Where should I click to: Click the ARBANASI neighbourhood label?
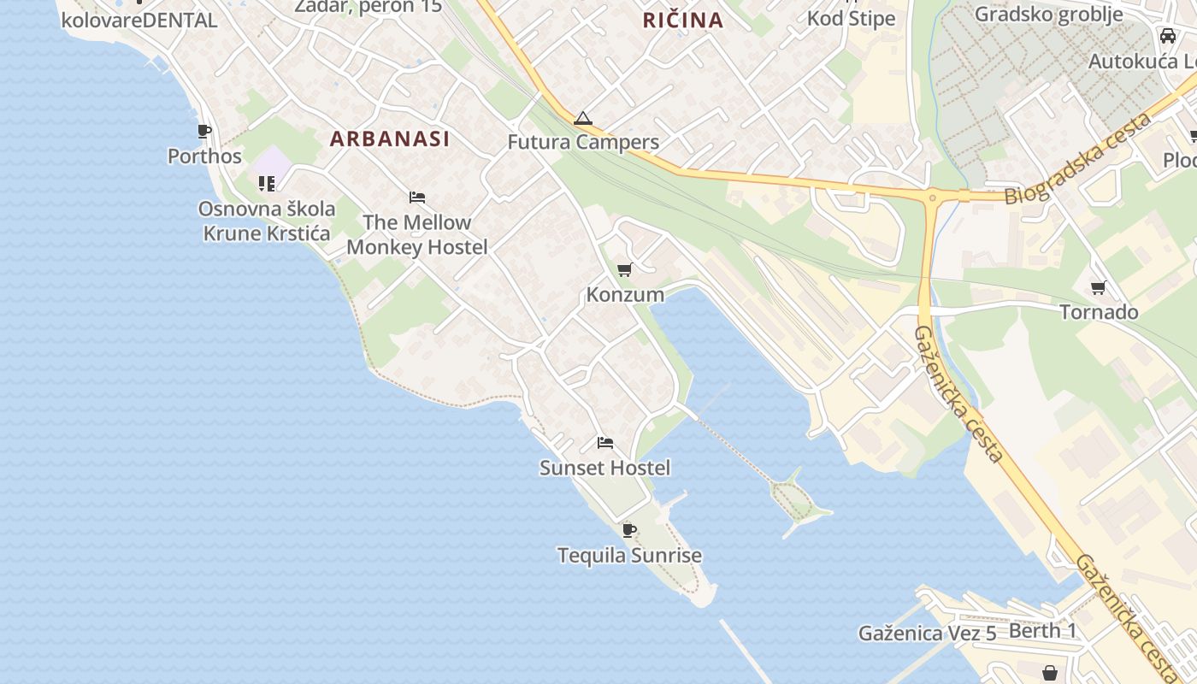point(389,139)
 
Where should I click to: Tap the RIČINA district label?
point(683,20)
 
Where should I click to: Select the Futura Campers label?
point(583,142)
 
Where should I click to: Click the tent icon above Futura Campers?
point(583,118)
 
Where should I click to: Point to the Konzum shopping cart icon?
point(625,270)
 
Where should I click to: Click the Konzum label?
point(625,295)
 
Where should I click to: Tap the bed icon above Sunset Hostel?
point(605,443)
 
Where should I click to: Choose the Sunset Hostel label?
point(604,468)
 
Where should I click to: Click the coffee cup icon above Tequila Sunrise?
point(629,531)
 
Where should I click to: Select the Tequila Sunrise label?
point(629,556)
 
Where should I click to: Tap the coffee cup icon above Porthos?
point(204,132)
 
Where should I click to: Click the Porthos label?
point(204,156)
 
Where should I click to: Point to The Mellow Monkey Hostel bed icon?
point(417,198)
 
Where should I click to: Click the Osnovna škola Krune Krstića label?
point(267,221)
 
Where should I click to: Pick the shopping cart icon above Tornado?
point(1099,287)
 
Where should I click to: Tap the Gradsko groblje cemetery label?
point(1048,15)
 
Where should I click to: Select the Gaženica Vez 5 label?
point(928,634)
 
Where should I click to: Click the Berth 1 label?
point(1042,631)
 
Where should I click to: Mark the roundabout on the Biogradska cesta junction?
point(932,198)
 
